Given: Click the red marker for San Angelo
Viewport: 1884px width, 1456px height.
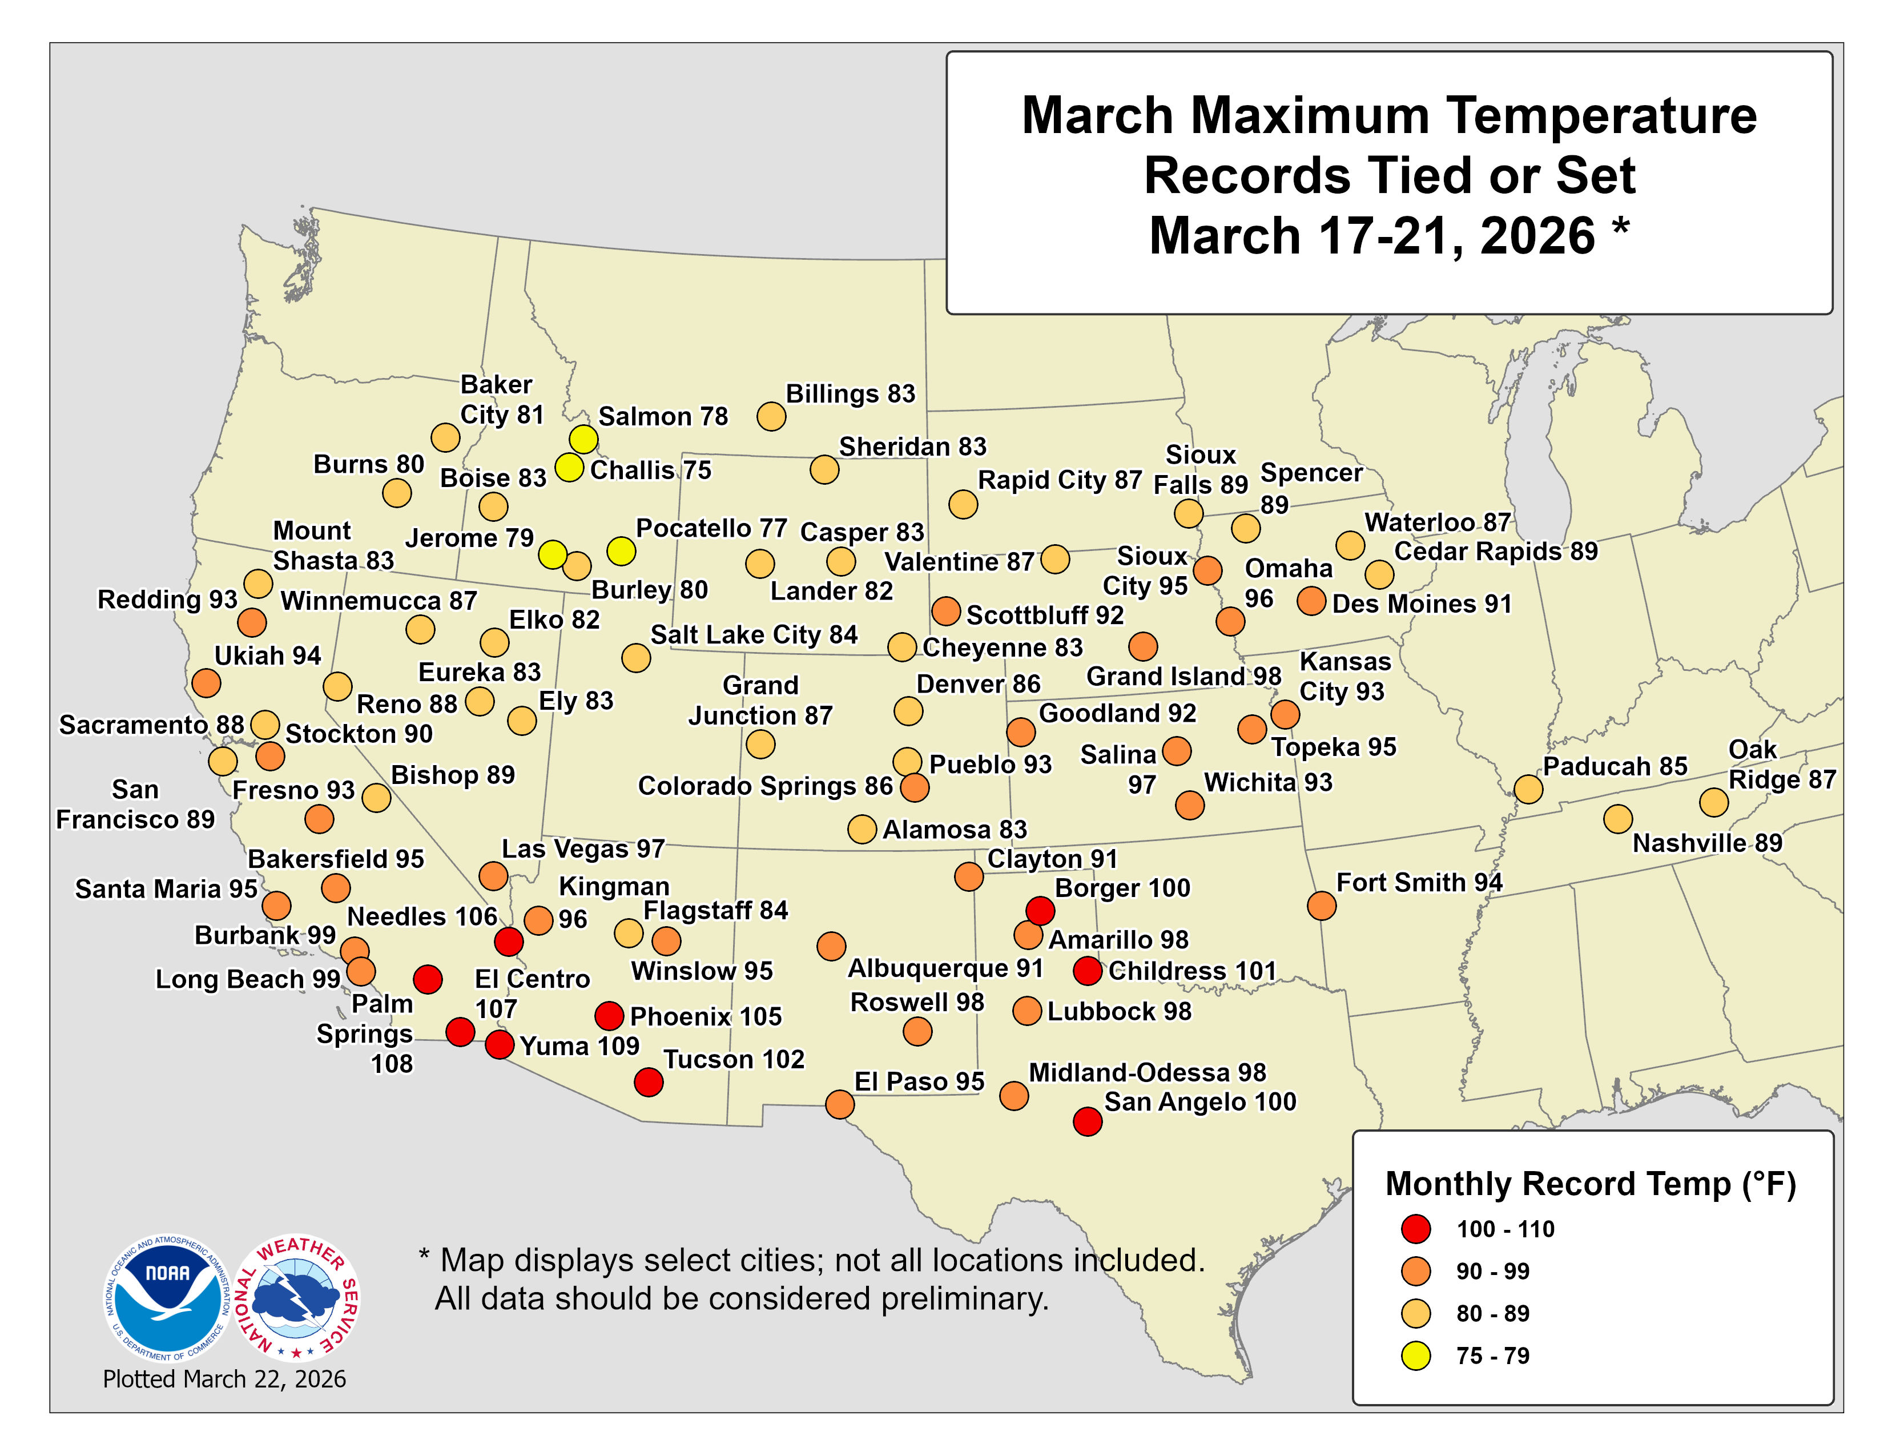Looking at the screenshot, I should (1087, 1122).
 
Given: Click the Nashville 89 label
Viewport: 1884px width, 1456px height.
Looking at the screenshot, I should (1706, 843).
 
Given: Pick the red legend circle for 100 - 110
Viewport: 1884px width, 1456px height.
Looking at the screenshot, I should (1416, 1229).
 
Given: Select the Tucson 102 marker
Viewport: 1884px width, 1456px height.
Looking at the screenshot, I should (649, 1081).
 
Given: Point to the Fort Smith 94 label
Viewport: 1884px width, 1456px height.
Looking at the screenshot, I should (1419, 882).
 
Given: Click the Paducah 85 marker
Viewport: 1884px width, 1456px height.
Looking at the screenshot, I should (1528, 789).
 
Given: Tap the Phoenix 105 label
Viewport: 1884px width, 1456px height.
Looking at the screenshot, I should (706, 1017).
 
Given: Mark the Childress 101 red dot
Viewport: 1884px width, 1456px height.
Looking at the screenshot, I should (1087, 970).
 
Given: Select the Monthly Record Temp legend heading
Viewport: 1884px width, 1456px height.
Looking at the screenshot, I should (1590, 1184).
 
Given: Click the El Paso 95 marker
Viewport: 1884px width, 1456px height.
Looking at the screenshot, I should (839, 1104).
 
